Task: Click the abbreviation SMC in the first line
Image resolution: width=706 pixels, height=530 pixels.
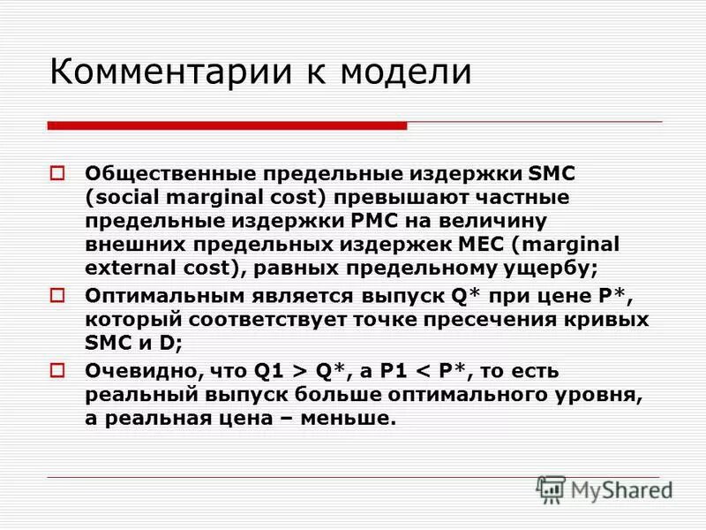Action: (552, 173)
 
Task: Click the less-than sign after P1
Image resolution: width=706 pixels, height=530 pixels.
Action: (464, 371)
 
